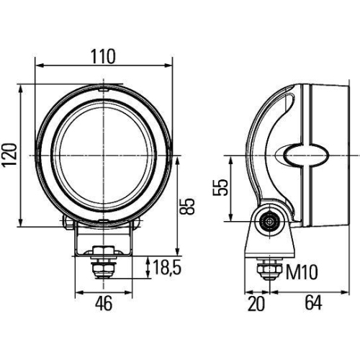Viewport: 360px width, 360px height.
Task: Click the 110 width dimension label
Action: coord(104,56)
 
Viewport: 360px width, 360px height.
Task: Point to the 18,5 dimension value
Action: coord(165,268)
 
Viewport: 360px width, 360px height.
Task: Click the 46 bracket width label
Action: coord(104,304)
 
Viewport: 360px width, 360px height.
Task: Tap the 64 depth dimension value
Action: coord(311,304)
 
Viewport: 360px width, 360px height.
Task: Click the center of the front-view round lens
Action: coord(104,155)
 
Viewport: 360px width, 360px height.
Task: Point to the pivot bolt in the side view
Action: coord(271,222)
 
